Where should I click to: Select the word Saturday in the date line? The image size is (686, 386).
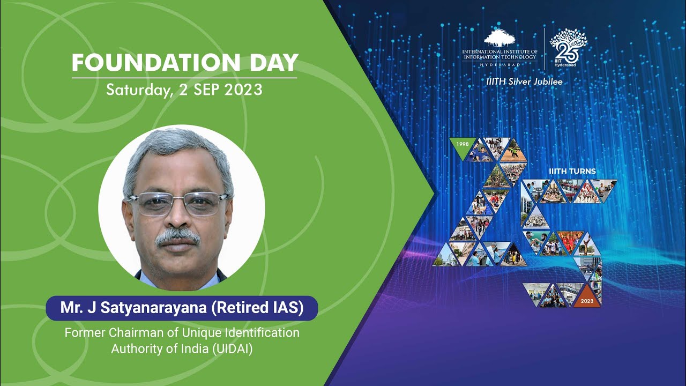[137, 89]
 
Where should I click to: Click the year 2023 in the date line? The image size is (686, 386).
[244, 89]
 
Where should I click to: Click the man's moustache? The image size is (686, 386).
[178, 236]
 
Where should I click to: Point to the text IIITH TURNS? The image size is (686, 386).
[572, 172]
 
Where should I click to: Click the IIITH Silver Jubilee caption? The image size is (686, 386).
[524, 82]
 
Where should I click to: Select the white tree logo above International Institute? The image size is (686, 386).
[499, 39]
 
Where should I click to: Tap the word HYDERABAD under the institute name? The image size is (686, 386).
[499, 63]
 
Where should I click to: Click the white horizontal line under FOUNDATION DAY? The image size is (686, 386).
[184, 78]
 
